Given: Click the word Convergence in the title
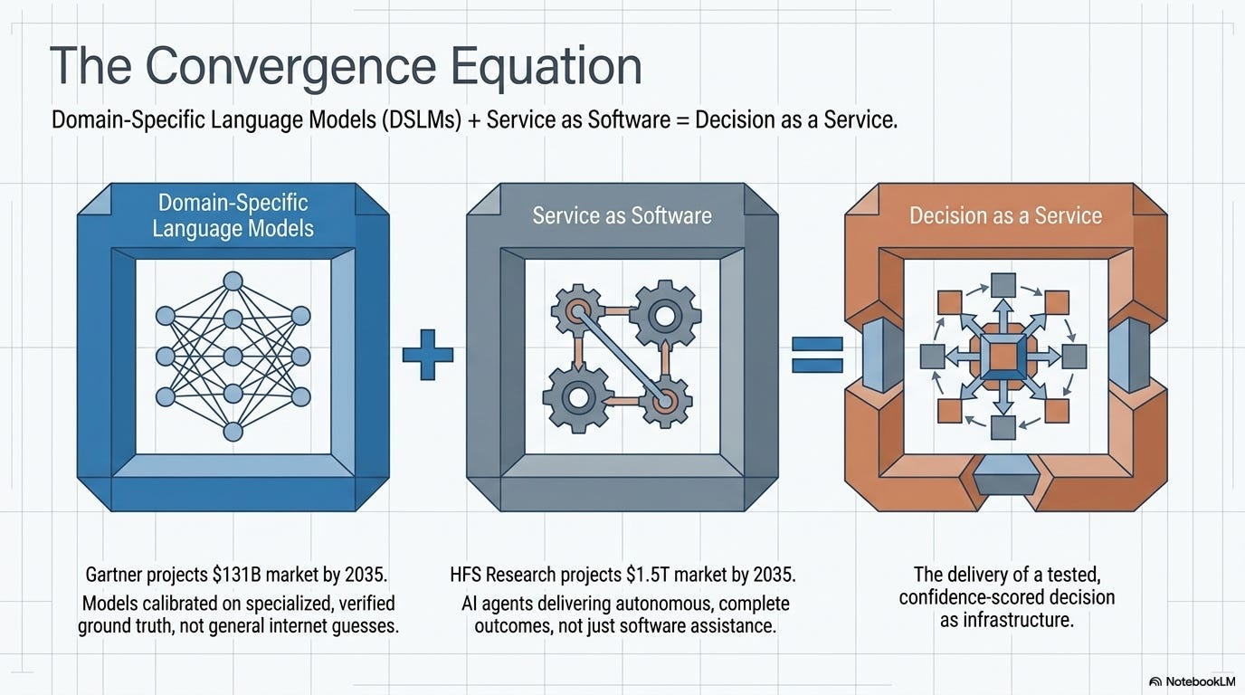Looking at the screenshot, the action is [x=290, y=67].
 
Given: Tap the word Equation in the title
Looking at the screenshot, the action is [x=546, y=68].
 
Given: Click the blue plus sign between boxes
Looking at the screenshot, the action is [x=427, y=355].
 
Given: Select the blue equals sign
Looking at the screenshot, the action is [x=817, y=354].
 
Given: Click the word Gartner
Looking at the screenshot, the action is [x=114, y=575].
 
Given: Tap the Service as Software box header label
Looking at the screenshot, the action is [x=622, y=215].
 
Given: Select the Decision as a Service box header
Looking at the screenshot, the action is [x=1005, y=215].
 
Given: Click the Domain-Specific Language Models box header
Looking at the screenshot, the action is [x=233, y=215].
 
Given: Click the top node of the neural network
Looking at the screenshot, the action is [x=233, y=281].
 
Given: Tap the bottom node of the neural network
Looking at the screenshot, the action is [x=233, y=432].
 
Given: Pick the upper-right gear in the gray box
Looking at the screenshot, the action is [x=665, y=316].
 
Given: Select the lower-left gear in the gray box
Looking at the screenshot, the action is [x=578, y=397].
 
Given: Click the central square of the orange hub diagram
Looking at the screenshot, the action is [x=1003, y=357].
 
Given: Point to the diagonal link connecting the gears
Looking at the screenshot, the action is [x=621, y=356].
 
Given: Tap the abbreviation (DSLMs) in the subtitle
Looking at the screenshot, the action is [x=422, y=120].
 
